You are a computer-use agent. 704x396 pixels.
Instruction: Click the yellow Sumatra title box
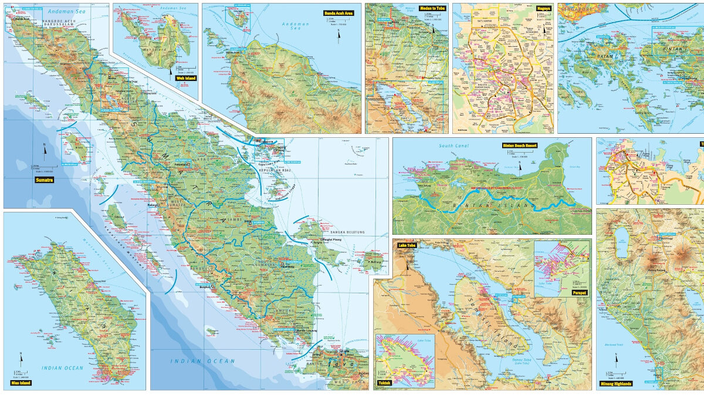(x=45, y=180)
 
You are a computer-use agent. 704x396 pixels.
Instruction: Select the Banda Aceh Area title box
(x=341, y=12)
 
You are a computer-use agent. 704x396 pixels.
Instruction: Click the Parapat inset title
(x=578, y=292)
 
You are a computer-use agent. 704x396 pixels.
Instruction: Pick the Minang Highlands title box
(x=615, y=383)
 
